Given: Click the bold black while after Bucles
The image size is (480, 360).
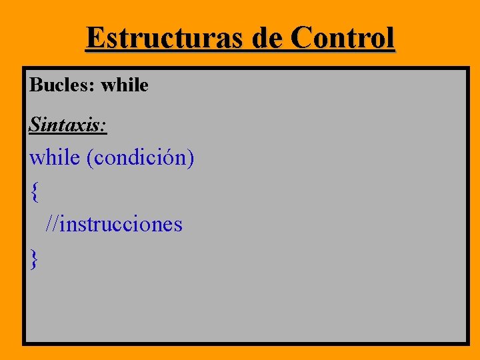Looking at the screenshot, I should pos(125,85).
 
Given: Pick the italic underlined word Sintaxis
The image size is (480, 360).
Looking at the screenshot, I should pos(68,124).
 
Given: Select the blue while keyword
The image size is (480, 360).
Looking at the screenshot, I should pos(55,158).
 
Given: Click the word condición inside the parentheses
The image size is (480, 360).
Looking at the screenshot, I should pos(140,159).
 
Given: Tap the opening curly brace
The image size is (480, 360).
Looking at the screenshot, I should pos(34,192).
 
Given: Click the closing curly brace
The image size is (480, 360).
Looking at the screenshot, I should pos(34,258).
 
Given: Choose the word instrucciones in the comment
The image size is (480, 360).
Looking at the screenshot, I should pos(121,224).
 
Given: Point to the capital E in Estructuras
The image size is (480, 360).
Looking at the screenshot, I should pos(94,38).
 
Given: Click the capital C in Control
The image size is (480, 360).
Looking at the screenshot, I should pos(303,38).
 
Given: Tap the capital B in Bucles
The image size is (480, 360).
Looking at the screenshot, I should pos(35,85).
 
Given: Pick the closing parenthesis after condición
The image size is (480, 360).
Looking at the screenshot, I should pos(191,159).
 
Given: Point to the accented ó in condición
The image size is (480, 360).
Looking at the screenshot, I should pos(172,158).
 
